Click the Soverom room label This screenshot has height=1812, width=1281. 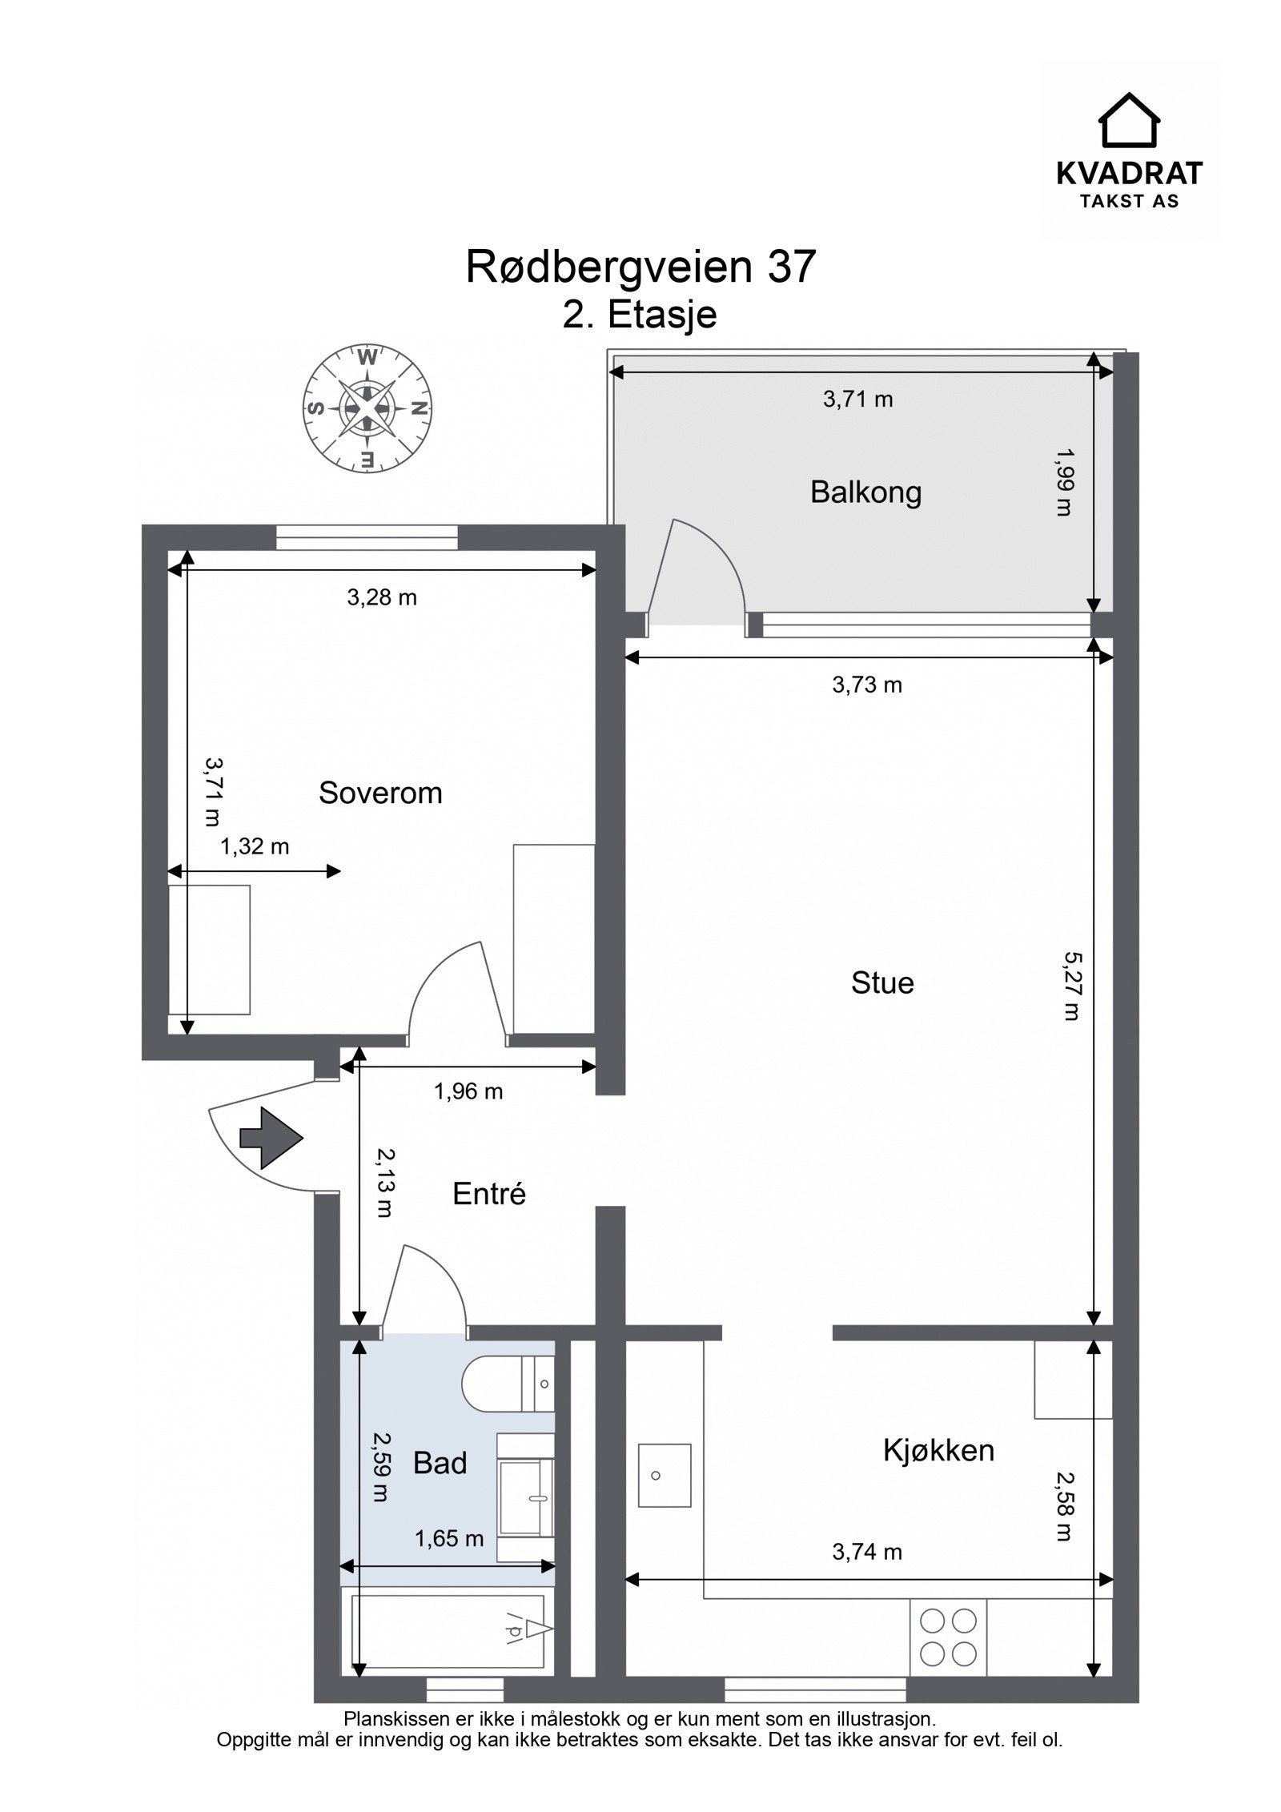pos(379,793)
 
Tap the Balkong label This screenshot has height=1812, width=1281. pos(865,492)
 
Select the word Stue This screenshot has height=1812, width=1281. pos(881,982)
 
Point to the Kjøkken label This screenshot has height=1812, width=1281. pos(938,1451)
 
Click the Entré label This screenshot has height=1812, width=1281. pos(488,1194)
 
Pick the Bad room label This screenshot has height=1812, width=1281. pos(440,1463)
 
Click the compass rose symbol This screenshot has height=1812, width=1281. pos(367,408)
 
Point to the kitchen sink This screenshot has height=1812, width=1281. pos(664,1475)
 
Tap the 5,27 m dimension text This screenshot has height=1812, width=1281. pos(1071,985)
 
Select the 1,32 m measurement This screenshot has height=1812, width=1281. pos(255,846)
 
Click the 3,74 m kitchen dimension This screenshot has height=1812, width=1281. pos(866,1552)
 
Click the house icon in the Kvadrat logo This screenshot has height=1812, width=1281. pos(1128,120)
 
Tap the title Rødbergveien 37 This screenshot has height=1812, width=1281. pos(640,267)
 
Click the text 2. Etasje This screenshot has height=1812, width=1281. pos(639,315)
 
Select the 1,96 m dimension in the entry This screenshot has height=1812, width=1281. pos(468,1091)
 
